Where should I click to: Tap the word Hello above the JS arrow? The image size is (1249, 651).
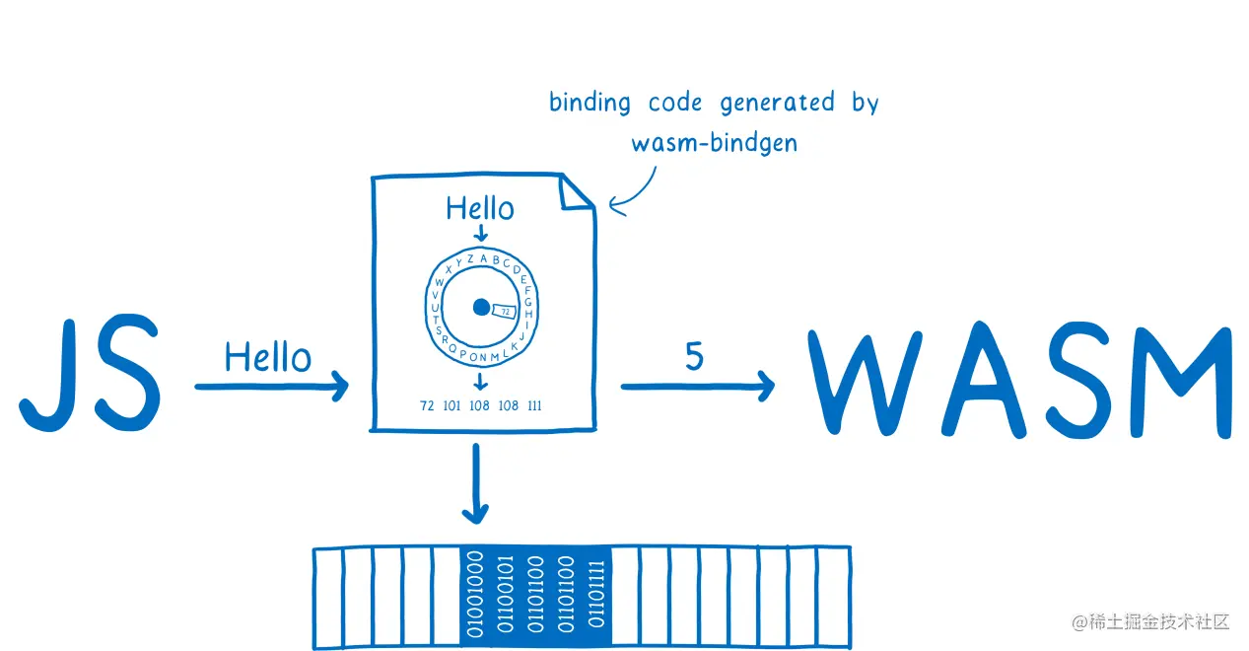pyautogui.click(x=267, y=357)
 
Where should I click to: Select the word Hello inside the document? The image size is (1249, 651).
pyautogui.click(x=480, y=208)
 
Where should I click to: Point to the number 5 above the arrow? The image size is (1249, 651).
pyautogui.click(x=694, y=357)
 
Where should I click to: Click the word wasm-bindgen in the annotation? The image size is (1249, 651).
pyautogui.click(x=714, y=142)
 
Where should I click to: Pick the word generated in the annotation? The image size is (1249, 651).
pyautogui.click(x=777, y=103)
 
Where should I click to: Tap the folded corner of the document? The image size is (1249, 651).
pyautogui.click(x=578, y=193)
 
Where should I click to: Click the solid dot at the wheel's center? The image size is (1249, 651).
pyautogui.click(x=481, y=307)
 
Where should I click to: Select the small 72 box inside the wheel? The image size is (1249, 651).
pyautogui.click(x=504, y=311)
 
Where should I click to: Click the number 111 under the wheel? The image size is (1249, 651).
pyautogui.click(x=534, y=405)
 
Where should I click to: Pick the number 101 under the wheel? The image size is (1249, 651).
pyautogui.click(x=452, y=405)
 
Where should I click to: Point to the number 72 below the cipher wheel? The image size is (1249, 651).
pyautogui.click(x=427, y=405)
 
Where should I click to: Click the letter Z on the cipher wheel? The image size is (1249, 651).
pyautogui.click(x=470, y=259)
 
